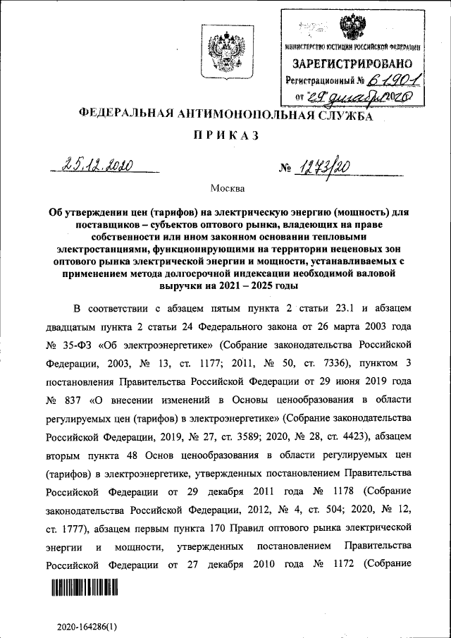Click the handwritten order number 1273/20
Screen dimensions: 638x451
click(x=326, y=166)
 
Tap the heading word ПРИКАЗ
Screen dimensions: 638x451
click(x=225, y=135)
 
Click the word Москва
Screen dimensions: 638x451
click(x=226, y=188)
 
